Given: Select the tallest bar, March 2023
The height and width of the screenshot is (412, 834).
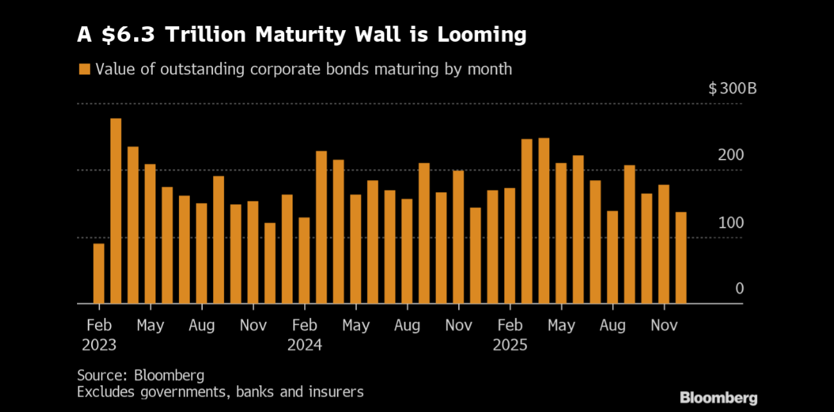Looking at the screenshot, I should click(115, 211).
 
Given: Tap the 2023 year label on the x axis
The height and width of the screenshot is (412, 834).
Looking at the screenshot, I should click(99, 345).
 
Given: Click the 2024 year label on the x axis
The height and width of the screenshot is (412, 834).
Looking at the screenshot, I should click(304, 345).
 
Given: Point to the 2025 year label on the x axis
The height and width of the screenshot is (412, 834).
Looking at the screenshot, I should click(510, 345).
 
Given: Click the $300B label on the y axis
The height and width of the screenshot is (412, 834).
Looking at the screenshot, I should click(733, 88).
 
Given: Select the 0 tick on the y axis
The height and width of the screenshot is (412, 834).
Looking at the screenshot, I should click(739, 289).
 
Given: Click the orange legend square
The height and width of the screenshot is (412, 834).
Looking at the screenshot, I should click(83, 69).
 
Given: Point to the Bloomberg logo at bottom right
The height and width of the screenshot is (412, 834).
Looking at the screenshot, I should click(719, 398).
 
